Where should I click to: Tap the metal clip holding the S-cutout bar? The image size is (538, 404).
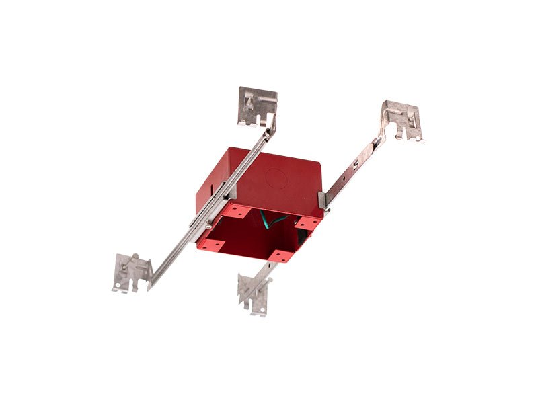322,200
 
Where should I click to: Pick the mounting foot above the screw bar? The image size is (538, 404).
258,105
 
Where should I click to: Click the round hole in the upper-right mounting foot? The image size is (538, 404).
418,138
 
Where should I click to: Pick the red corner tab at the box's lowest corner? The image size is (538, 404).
278,255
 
